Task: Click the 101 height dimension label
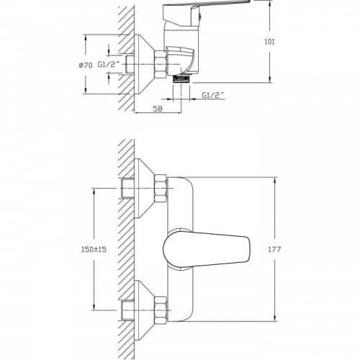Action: [x=269, y=42]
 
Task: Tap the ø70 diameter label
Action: [x=86, y=65]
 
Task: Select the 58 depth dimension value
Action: [x=158, y=109]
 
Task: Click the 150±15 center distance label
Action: [x=94, y=249]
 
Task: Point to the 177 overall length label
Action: [x=274, y=249]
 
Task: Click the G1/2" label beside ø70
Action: [x=109, y=64]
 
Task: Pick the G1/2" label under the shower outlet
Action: [x=212, y=95]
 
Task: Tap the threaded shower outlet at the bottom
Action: [x=181, y=78]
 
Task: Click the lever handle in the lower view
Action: [x=207, y=249]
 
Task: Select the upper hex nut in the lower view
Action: [x=161, y=188]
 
